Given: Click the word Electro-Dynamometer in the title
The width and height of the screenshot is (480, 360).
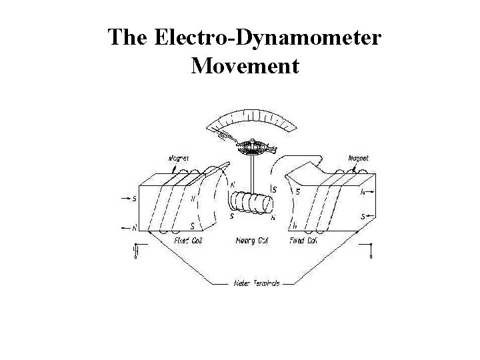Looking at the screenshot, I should (x=269, y=37).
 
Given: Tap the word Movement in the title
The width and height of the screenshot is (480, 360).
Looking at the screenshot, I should (x=245, y=66).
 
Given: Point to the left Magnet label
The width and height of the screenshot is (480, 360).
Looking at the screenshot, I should (x=178, y=158).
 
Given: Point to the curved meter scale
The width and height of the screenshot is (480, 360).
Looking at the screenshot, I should (x=251, y=122).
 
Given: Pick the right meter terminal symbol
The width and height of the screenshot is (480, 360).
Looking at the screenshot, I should (x=371, y=251).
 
